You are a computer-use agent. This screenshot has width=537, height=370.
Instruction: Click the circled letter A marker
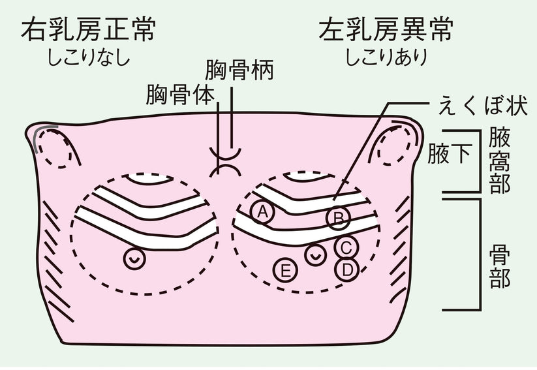pos(262,211)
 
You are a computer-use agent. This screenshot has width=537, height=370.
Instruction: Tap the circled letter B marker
pos(338,218)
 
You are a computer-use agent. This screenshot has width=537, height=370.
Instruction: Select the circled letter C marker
pos(346,247)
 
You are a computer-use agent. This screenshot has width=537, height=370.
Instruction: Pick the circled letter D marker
pos(346,268)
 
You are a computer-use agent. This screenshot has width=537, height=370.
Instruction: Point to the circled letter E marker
pos(285,269)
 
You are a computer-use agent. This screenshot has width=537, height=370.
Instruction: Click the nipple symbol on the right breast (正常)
pos(134,258)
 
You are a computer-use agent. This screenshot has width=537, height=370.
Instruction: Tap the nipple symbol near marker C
pos(316,255)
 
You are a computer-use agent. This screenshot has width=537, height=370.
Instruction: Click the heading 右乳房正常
pos(89,29)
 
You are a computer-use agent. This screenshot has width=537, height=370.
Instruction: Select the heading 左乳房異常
pos(387,29)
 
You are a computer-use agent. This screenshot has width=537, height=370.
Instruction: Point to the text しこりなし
pos(89,57)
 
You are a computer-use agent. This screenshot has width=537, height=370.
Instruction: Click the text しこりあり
pos(387,57)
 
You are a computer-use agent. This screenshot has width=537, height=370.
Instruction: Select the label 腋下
pos(450,155)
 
